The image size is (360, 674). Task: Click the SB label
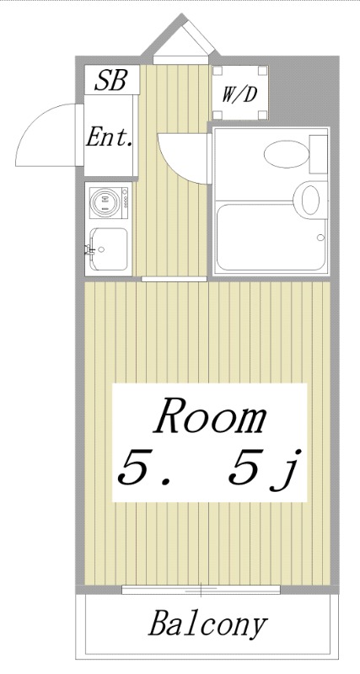pos(110,81)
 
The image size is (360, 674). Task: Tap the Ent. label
pos(110,137)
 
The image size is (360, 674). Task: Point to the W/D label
pos(239,94)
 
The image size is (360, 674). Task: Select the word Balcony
pos(208,625)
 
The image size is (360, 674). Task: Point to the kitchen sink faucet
pos(89,249)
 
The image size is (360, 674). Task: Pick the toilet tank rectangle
pos(319,153)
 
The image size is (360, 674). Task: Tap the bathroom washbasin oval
pos(310,200)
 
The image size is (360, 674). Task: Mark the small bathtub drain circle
pos(321,238)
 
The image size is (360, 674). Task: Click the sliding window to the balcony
pos(201,588)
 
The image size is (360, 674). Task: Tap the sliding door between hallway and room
pos(174,278)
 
